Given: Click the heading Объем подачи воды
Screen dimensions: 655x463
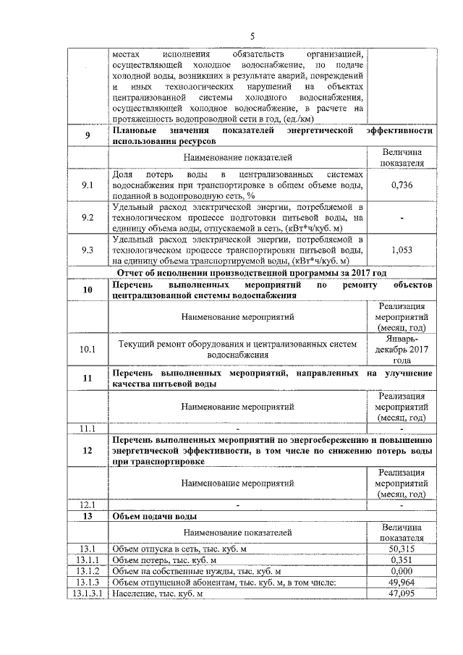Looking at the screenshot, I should click(x=155, y=517).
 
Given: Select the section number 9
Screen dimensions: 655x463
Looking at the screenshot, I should click(x=88, y=135).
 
